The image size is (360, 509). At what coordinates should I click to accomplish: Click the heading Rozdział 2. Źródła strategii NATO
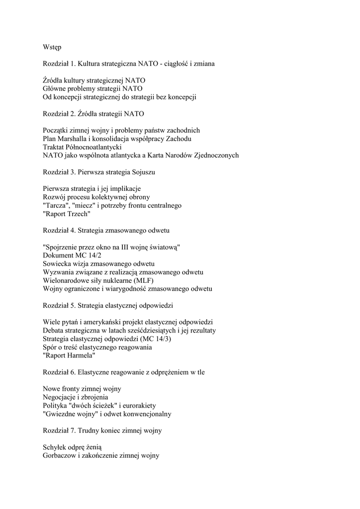point(93,114)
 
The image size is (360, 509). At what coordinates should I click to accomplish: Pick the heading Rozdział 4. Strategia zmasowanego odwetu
point(106,230)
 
